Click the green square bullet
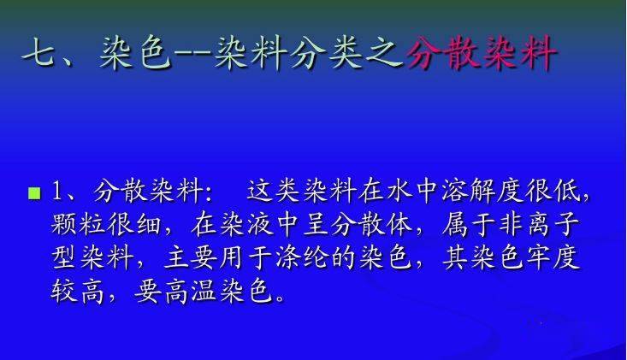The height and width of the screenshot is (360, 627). coord(35,193)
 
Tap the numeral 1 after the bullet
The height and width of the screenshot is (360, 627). coord(56,191)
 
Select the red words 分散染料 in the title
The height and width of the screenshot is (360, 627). coord(481,52)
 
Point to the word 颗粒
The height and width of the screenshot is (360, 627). coord(79,224)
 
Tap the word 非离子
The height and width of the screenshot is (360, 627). coord(539,224)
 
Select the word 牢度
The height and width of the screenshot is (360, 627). coord(553,257)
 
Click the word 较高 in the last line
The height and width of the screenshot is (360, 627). coord(78,292)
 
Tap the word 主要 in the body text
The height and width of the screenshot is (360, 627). coord(190,257)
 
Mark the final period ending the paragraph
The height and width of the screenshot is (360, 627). coord(280,298)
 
